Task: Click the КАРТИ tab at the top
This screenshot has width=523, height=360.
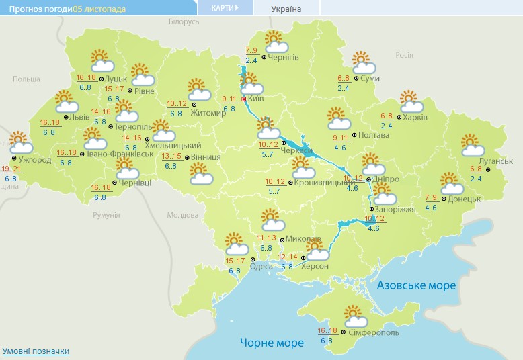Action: [225, 8]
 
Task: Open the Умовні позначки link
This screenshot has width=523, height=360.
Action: [36, 351]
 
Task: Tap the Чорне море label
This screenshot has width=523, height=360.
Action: [272, 343]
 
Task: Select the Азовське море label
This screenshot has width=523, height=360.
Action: [416, 285]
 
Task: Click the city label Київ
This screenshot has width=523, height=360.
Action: [255, 98]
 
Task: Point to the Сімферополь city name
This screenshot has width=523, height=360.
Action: [374, 332]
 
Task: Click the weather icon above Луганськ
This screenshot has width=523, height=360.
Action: [473, 144]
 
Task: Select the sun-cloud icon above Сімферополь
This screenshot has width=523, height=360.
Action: [355, 315]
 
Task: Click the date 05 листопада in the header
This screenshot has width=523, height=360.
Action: [99, 9]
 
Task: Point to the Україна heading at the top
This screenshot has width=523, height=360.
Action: [286, 9]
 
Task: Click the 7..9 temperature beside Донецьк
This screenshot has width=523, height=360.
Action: [431, 197]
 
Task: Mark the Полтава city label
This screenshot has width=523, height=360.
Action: [374, 135]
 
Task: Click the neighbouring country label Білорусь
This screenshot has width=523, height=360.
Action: [184, 22]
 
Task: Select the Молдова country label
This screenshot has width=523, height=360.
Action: [182, 215]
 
